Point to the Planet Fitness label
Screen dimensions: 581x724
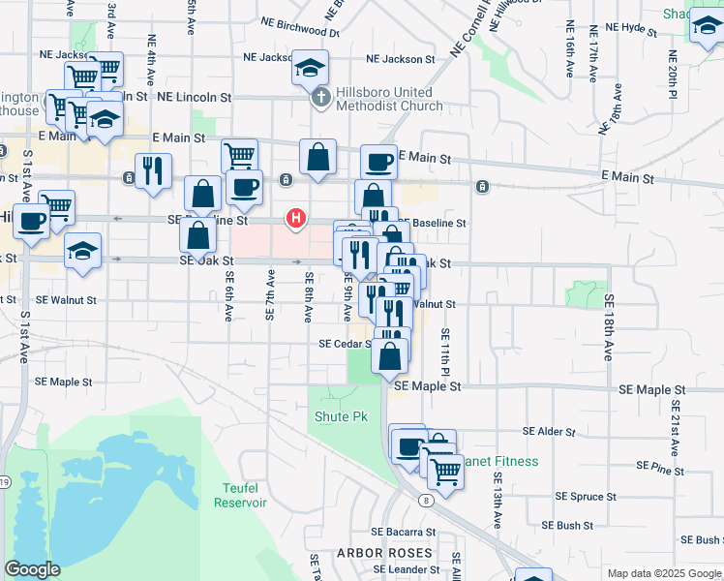click(x=498, y=461)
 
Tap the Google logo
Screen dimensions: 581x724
click(x=32, y=569)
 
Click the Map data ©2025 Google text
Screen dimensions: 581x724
click(x=664, y=573)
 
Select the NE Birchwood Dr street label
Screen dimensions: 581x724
click(x=300, y=31)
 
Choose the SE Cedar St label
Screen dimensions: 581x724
click(x=347, y=344)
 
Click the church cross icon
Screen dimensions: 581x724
click(x=320, y=98)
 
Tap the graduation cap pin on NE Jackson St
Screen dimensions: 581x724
click(x=311, y=67)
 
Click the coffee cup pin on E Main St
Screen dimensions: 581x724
click(x=378, y=161)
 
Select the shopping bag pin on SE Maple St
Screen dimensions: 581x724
click(x=389, y=355)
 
